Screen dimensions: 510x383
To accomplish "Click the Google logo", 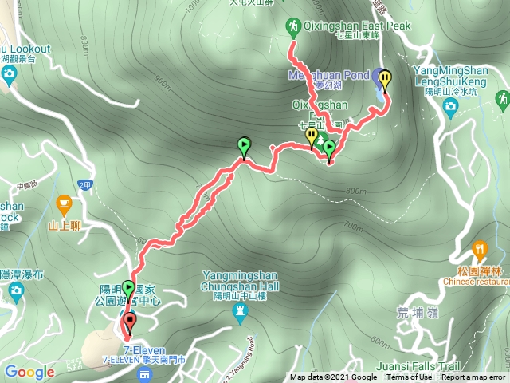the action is point(29,372).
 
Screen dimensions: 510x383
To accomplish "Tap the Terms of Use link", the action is point(409,377).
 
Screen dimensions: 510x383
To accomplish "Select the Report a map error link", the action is point(473,377).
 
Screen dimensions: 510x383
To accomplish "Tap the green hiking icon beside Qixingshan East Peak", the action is point(292,27).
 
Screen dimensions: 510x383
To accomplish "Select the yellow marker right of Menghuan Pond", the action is point(386,79).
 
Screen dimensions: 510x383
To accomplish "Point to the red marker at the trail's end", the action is point(129,322).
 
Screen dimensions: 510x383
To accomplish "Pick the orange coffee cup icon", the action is point(63,207).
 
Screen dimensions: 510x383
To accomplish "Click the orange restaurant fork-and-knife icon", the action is point(480,249).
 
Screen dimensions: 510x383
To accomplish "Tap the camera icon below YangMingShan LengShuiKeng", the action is point(450,107).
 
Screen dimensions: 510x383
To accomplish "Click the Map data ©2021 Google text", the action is point(333,377).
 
